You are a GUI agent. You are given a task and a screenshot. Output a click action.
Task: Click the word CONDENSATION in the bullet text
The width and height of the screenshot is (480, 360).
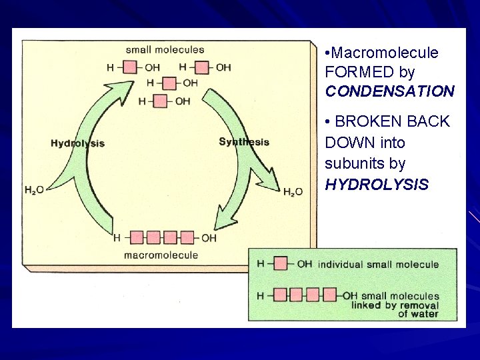[x=389, y=91]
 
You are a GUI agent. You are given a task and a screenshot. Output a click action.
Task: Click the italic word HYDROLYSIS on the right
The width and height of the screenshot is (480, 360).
[x=377, y=184]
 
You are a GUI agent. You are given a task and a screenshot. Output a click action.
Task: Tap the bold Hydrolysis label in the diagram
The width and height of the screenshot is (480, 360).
[x=77, y=143]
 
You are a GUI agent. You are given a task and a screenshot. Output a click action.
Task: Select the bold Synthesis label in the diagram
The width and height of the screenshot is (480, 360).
[x=244, y=141]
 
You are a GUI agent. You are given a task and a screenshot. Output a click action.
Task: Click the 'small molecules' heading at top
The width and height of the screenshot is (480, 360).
[x=165, y=49]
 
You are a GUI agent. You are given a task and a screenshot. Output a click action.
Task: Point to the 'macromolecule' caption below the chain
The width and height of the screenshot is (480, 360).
[x=161, y=255]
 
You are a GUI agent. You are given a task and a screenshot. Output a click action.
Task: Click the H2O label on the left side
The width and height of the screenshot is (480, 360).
[x=34, y=190]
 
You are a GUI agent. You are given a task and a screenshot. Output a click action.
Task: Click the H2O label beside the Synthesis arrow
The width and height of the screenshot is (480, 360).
[x=293, y=192]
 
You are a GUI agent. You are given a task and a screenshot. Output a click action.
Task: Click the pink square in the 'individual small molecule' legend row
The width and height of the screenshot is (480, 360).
[x=281, y=264]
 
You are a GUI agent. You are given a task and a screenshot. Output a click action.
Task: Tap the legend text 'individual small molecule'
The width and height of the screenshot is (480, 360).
[x=378, y=264]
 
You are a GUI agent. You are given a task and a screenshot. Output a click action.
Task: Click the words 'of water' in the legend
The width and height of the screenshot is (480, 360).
[x=418, y=313]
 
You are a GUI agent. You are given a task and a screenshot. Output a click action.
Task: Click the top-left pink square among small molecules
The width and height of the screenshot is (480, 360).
[x=130, y=67]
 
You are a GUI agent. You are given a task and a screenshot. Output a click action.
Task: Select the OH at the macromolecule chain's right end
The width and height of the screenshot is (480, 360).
[x=209, y=237]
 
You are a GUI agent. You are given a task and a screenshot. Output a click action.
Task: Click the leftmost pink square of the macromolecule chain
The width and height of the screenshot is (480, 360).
[x=136, y=237]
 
